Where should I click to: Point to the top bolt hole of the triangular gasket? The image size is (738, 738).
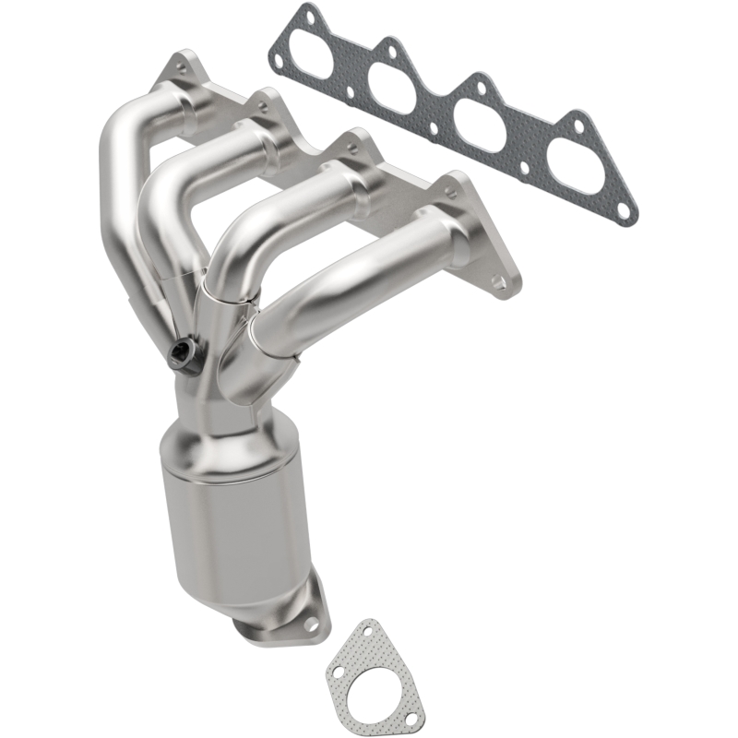368,630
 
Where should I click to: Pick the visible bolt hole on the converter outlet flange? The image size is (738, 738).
310,625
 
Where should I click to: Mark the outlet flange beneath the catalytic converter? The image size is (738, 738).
286,618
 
